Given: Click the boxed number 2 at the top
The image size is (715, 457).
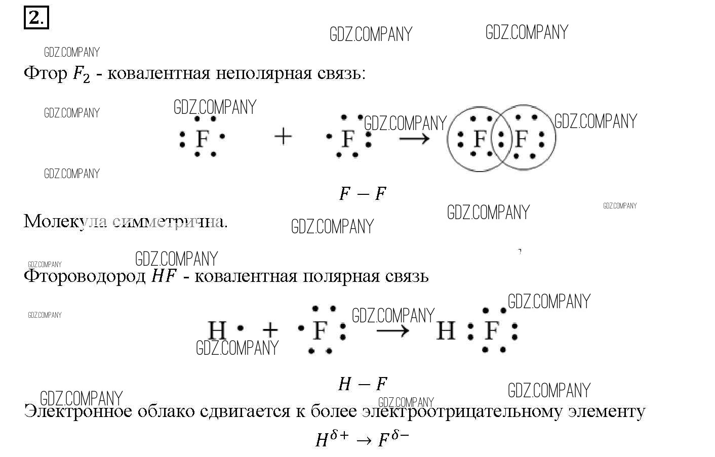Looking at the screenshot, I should click(36, 19).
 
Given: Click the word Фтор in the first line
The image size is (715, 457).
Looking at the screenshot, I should click(46, 74).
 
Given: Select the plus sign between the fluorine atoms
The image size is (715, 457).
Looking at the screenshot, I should click(283, 136).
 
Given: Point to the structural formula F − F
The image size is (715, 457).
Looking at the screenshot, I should click(363, 193).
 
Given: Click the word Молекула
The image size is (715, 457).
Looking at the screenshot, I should click(65, 221).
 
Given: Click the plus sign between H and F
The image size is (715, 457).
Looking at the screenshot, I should click(270, 330).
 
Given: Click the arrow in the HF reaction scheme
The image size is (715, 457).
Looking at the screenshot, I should click(393, 331).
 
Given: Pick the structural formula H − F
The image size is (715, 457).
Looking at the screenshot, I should click(363, 384).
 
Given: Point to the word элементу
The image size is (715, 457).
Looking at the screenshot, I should click(606, 411).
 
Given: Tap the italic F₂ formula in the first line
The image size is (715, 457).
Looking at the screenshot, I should click(81, 75).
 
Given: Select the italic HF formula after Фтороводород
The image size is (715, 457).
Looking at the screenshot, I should click(164, 276).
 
